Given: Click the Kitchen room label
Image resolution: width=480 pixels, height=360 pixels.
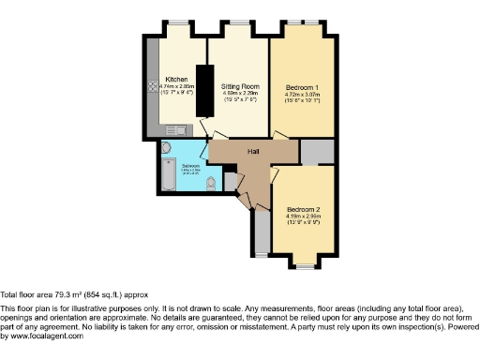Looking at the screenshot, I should point(176,80).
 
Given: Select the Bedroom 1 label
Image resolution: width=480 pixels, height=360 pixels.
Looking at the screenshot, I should point(302,87).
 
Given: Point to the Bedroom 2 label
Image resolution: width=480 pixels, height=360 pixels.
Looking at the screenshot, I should point(304,208).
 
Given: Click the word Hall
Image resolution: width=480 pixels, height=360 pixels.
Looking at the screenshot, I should point(253,150).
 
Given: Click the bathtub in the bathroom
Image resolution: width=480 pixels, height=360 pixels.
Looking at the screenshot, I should point(166,173).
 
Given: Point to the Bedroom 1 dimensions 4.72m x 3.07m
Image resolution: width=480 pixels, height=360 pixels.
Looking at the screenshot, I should point(302,95).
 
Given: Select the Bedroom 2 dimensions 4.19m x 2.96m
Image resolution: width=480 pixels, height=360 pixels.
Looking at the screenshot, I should point(304,216).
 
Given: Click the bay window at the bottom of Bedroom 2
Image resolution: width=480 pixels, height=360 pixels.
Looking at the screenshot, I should point(303,265).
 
